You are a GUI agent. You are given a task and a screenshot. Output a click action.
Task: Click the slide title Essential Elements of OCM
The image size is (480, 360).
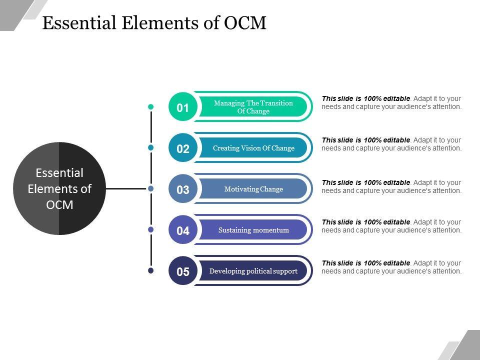point(154,23)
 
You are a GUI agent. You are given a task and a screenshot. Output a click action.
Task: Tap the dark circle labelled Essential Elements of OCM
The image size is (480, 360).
point(59,188)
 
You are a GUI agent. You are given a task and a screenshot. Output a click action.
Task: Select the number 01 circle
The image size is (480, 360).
point(183,107)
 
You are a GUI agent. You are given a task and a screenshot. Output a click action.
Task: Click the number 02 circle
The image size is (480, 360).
point(183,148)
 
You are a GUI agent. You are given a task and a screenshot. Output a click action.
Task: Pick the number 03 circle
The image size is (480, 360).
point(183,189)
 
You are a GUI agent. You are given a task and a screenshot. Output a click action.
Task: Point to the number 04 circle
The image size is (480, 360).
point(183,230)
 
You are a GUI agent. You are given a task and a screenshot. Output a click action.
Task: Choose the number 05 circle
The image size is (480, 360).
point(183,271)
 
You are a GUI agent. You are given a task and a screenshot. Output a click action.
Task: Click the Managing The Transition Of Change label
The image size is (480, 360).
point(253,107)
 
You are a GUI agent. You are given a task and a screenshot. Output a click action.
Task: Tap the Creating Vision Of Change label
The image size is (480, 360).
point(253,148)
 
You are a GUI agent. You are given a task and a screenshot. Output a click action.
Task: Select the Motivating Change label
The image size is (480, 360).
point(253,189)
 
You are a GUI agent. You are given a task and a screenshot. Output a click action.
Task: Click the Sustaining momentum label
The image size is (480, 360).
point(253,230)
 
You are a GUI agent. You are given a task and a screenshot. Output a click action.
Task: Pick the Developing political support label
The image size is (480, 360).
point(253,271)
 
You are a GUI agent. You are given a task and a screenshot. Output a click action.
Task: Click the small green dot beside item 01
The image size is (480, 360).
point(151,106)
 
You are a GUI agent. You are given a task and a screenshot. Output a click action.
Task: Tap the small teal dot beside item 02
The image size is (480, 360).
point(151,147)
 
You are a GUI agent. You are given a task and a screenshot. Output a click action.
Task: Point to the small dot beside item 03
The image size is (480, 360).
point(151,188)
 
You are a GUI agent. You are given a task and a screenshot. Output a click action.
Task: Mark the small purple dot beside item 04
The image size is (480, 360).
point(151,229)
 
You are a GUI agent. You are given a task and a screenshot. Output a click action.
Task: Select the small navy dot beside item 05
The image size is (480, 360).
point(151,270)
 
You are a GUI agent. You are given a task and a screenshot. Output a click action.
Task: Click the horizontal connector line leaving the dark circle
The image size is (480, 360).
point(127,189)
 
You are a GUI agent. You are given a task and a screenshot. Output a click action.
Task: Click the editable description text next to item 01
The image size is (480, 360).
point(391,102)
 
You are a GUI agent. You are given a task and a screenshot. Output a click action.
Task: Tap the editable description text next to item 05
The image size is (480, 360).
point(391,267)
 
